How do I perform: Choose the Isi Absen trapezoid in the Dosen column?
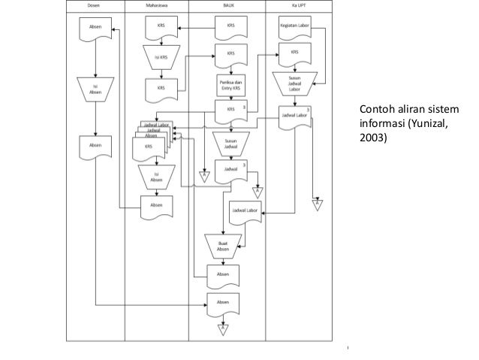95,88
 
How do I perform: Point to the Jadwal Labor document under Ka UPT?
295,117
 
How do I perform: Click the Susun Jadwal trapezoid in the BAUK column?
230,143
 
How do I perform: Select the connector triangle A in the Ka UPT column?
317,204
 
